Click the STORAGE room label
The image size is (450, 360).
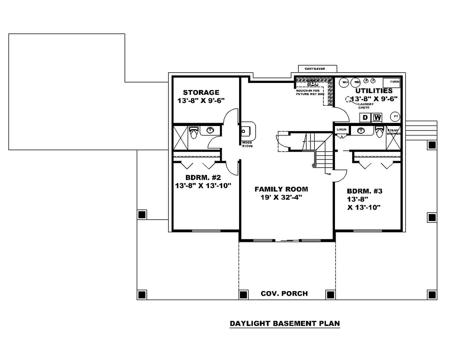pyautogui.click(x=201, y=92)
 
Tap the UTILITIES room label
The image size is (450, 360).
pyautogui.click(x=374, y=91)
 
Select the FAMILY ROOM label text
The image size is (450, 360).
pyautogui.click(x=281, y=189)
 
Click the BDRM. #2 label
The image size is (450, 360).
pyautogui.click(x=203, y=177)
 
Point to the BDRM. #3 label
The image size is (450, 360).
pyautogui.click(x=364, y=191)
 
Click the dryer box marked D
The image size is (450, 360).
pyautogui.click(x=365, y=117)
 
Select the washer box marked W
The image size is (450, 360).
pyautogui.click(x=377, y=117)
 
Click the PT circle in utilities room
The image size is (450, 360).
pyautogui.click(x=395, y=116)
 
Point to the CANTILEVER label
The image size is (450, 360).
pyautogui.click(x=315, y=69)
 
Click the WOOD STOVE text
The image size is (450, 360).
pyautogui.click(x=247, y=144)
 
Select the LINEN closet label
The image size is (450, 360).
pyautogui.click(x=341, y=129)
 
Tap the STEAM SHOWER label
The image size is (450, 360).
pyautogui.click(x=393, y=132)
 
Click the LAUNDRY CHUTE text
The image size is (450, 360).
pyautogui.click(x=366, y=106)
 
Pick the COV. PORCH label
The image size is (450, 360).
pyautogui.click(x=284, y=293)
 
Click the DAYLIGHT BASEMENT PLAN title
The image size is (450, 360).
pyautogui.click(x=285, y=323)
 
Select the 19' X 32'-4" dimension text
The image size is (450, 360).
pyautogui.click(x=281, y=197)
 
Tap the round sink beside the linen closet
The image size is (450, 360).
pyautogui.click(x=361, y=130)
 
